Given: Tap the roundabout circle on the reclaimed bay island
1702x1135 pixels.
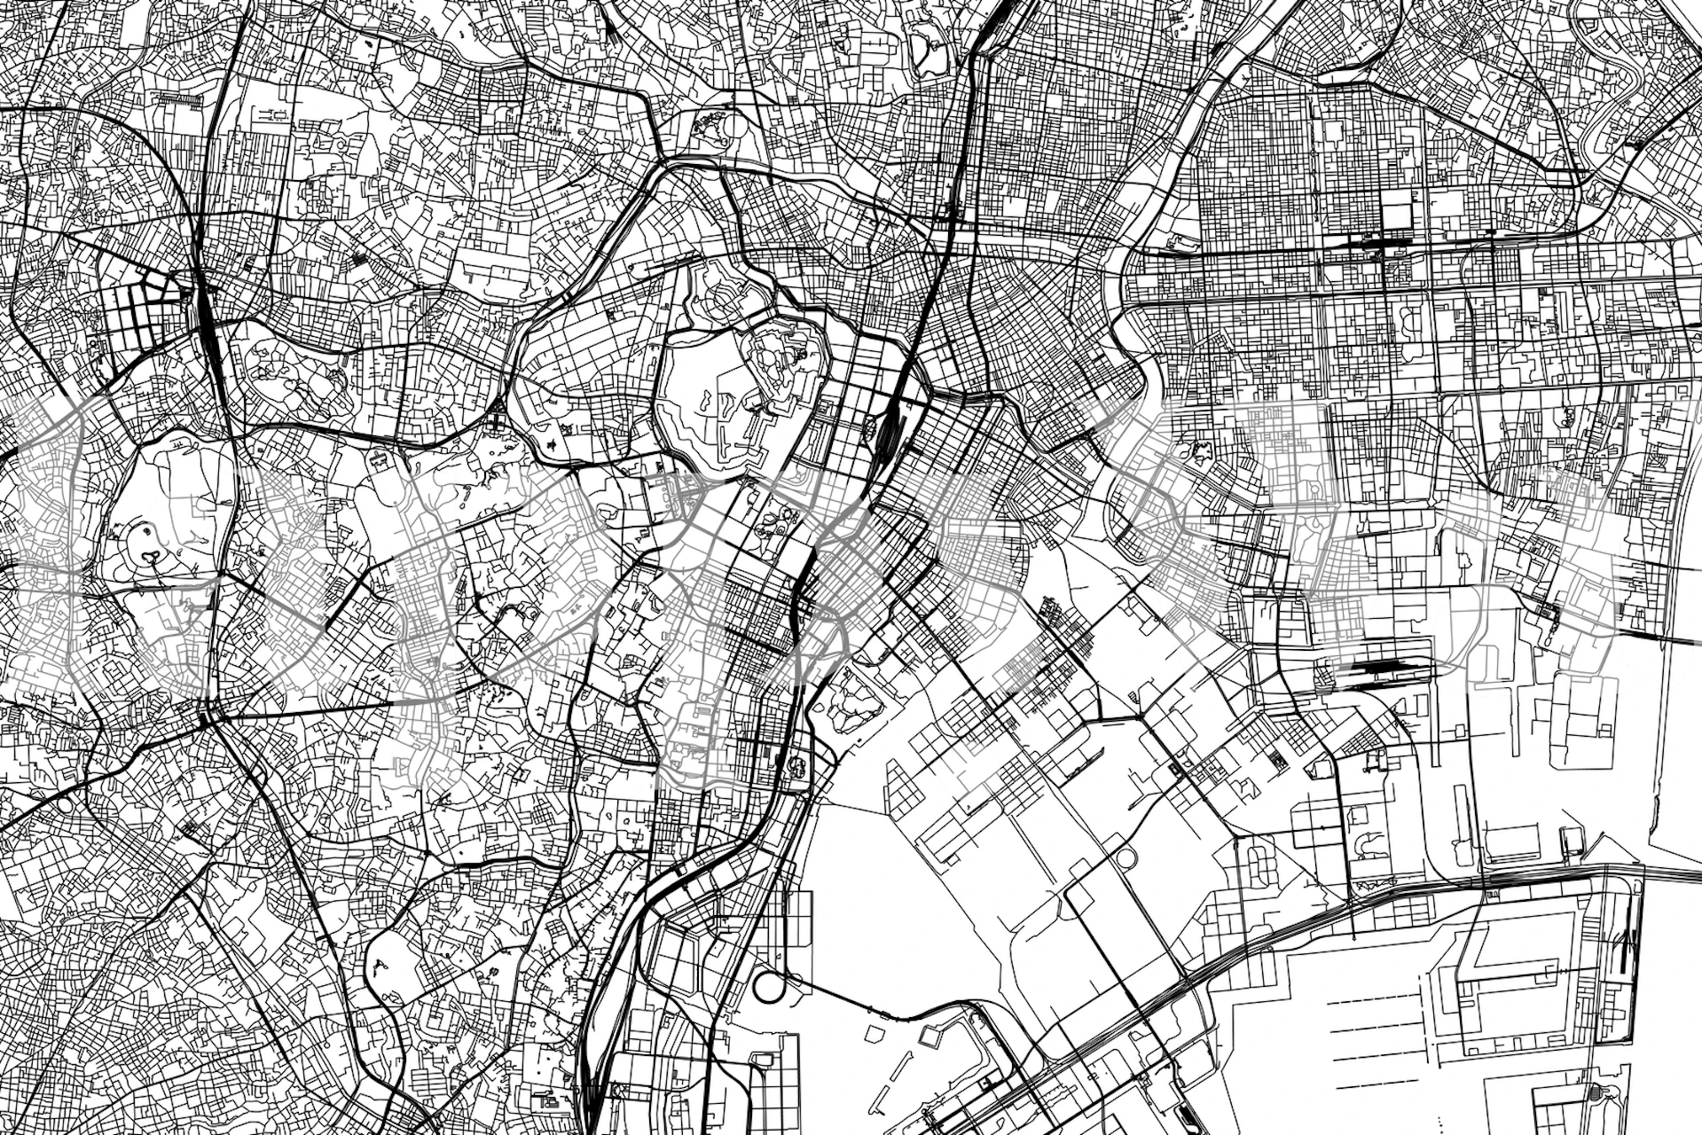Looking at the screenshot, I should coord(1126,858).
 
